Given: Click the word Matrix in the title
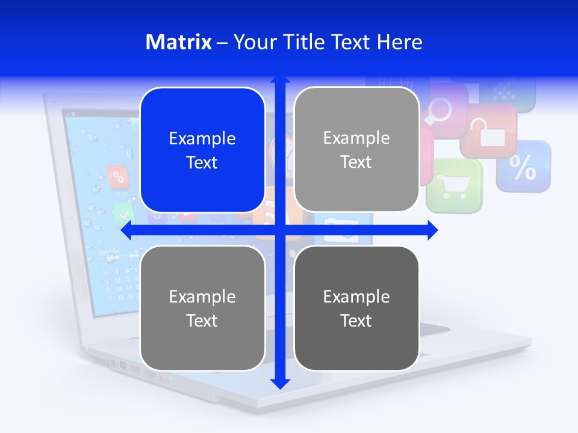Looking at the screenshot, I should click(x=178, y=42).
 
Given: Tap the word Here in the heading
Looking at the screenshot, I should click(x=399, y=42).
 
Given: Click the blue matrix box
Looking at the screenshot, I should click(x=202, y=150).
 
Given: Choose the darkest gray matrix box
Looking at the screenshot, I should click(x=356, y=308).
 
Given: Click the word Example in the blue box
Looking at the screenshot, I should click(x=202, y=138).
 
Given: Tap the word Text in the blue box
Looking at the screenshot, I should click(x=202, y=163).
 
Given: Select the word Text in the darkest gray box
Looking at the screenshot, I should click(x=356, y=321).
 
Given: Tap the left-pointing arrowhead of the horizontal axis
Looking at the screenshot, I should click(x=126, y=230).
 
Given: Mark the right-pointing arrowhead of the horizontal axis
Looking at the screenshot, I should click(x=432, y=230).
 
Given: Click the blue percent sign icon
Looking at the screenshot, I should click(x=523, y=167).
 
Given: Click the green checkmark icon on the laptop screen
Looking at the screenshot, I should click(x=123, y=213).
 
